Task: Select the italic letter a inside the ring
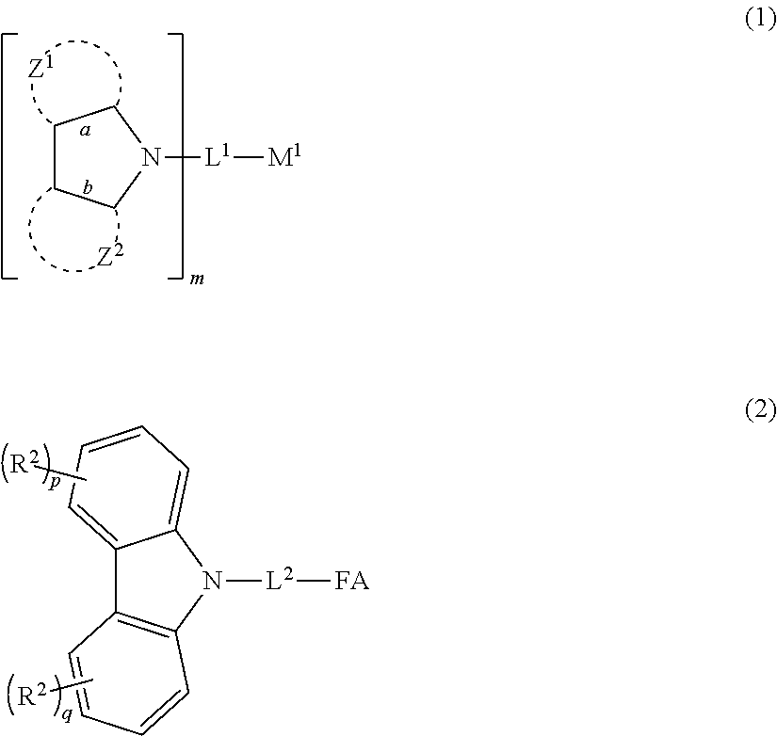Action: click(x=85, y=131)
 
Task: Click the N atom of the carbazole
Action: click(x=214, y=583)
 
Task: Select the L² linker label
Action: click(x=278, y=581)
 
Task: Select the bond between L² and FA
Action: click(x=313, y=583)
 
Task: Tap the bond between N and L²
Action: click(x=242, y=583)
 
